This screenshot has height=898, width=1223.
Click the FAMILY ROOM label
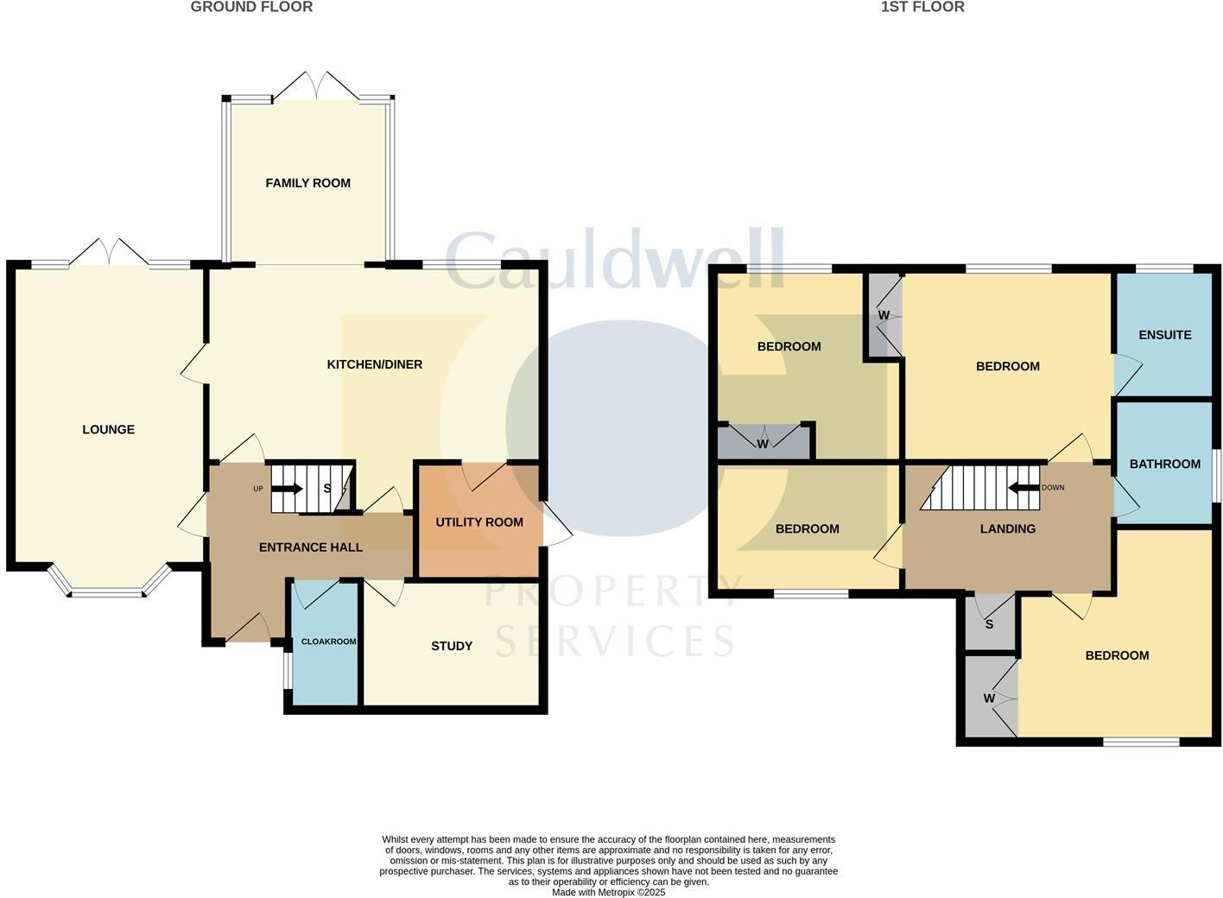coord(307,183)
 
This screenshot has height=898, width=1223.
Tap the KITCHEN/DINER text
coord(374,364)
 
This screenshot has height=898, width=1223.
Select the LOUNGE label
coord(108,429)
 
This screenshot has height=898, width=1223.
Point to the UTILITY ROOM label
coord(479,522)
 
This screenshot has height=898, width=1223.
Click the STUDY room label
coord(451,646)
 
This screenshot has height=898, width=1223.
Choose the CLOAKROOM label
coord(328,642)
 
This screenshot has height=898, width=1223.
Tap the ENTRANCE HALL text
coord(311,547)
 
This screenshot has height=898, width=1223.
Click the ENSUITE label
coord(1164,335)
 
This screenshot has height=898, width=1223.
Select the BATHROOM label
coord(1164,464)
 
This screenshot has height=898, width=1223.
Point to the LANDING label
coord(1007,528)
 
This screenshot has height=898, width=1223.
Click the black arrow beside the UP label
coord(288,489)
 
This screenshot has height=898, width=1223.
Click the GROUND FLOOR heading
coord(251,7)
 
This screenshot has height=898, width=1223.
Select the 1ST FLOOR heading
coord(922,7)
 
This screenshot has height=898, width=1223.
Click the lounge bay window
coord(108,591)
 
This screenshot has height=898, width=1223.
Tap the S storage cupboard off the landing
coord(989,623)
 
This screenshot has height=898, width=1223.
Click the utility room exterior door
coord(555,524)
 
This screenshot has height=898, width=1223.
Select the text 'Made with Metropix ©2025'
coord(608,892)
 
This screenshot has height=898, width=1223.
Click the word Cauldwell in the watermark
coord(615,261)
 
